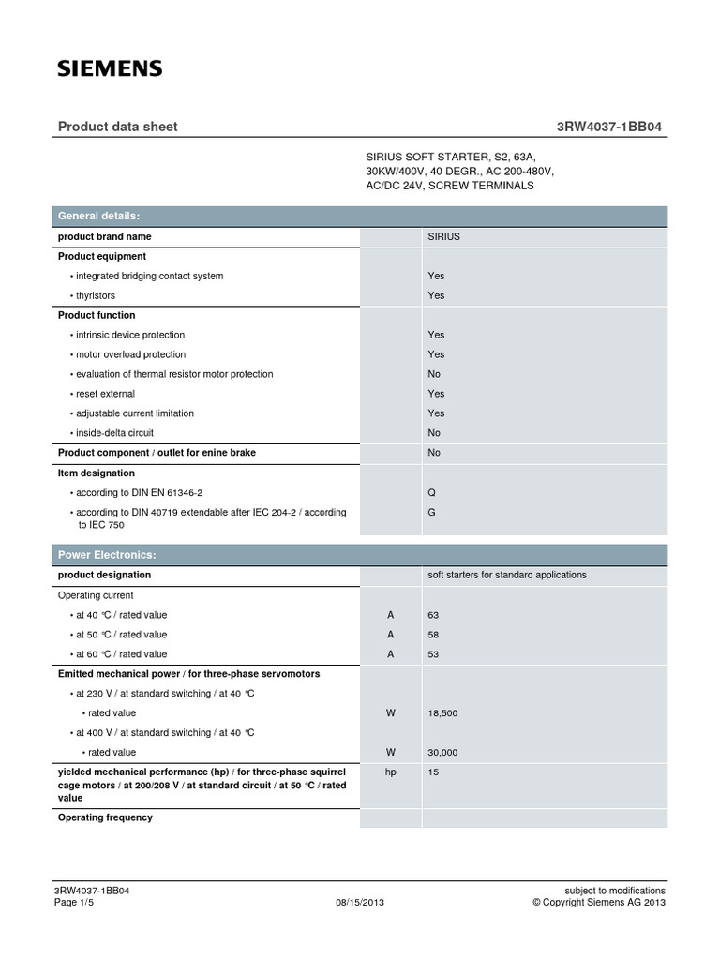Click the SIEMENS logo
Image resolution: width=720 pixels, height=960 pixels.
point(111,68)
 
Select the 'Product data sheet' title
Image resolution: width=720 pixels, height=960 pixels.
point(118,127)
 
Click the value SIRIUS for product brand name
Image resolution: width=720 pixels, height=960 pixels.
point(444,237)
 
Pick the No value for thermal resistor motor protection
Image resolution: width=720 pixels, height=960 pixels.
point(434,374)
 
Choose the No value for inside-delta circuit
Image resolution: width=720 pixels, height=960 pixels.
point(434,433)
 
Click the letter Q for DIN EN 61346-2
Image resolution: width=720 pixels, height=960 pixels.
point(432,492)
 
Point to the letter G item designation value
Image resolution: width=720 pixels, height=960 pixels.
point(432,513)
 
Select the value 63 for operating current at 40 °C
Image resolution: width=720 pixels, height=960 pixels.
point(433,615)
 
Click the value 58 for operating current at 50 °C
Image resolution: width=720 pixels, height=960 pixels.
point(433,635)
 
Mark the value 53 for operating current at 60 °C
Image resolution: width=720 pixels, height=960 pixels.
point(433,654)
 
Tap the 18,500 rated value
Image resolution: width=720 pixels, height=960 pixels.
point(442,713)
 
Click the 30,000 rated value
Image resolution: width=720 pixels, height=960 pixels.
point(442,753)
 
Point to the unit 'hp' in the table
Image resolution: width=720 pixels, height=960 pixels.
point(391,772)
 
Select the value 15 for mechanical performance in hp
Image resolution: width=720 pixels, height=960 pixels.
point(433,772)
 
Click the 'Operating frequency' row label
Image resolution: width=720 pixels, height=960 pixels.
point(105,817)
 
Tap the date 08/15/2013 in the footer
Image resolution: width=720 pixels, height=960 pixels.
point(360,902)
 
